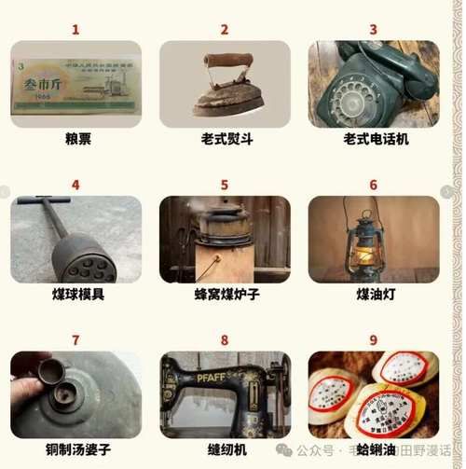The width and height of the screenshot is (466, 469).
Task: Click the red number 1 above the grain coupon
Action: [x=75, y=30]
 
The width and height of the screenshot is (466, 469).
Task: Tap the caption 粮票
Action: [x=75, y=139]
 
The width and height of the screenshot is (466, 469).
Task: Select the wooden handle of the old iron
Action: [x=227, y=61]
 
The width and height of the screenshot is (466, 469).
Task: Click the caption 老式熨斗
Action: [x=226, y=139]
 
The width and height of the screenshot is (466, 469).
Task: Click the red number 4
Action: [x=75, y=185]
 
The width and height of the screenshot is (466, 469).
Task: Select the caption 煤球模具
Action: [x=77, y=295]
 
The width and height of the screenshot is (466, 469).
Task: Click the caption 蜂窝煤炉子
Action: [x=226, y=295]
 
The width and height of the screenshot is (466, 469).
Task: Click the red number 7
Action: [x=75, y=340]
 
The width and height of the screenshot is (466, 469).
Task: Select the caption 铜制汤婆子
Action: [x=77, y=449]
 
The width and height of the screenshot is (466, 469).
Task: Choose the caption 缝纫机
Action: [x=226, y=449]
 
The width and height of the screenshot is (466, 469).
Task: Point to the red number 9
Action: [x=374, y=340]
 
